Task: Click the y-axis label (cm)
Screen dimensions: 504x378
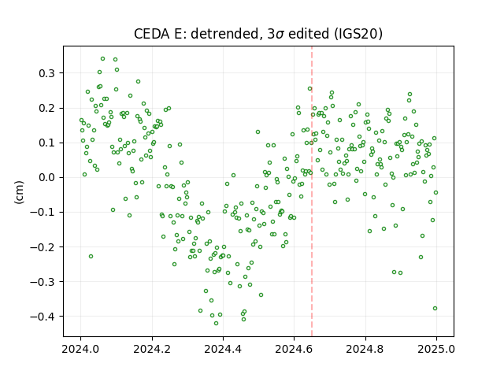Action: pos(19,192)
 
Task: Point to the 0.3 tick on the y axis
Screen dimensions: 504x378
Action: pos(47,73)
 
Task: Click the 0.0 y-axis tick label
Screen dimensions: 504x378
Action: pos(47,177)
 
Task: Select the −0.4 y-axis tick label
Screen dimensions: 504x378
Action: pos(43,317)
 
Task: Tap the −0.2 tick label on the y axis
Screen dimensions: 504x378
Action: pos(43,247)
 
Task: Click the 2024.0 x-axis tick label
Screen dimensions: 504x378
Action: pos(80,349)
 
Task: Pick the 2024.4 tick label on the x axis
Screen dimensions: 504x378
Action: pos(223,349)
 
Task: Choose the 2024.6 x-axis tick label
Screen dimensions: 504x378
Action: pos(294,349)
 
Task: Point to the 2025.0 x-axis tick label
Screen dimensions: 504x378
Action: pos(436,349)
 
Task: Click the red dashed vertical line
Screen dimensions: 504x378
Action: pos(312,191)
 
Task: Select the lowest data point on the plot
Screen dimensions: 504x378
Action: pos(216,324)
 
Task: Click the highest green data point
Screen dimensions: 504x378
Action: pos(102,59)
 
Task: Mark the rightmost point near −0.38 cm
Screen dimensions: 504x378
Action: pos(435,308)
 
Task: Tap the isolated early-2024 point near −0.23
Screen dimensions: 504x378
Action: pos(91,257)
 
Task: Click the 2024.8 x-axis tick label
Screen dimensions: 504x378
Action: pos(365,349)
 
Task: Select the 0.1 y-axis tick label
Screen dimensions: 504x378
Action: pos(47,143)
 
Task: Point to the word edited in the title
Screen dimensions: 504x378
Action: pos(309,34)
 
